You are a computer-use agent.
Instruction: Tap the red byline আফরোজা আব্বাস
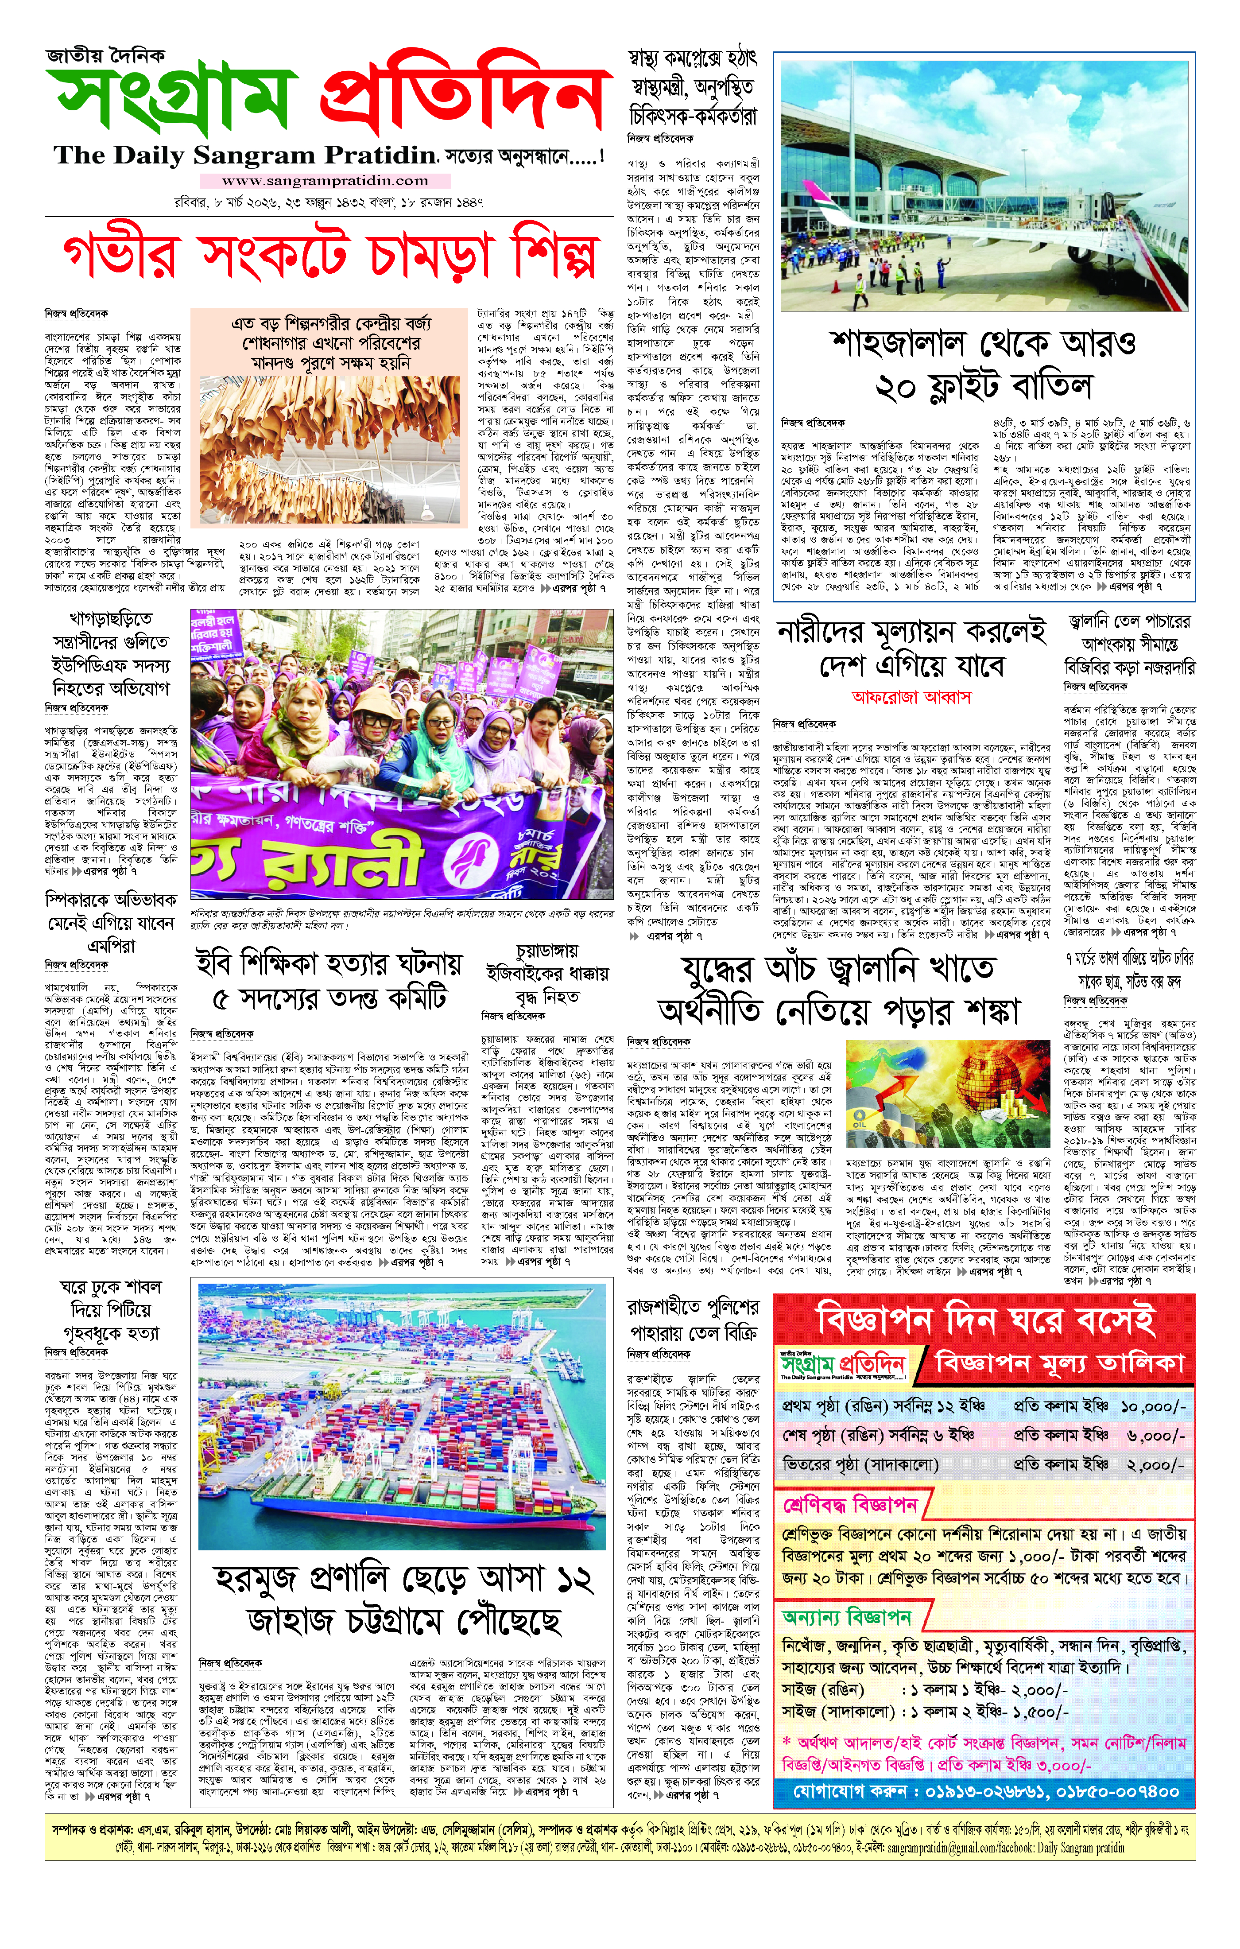pyautogui.click(x=911, y=697)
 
